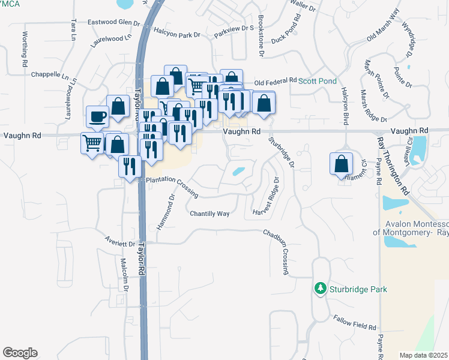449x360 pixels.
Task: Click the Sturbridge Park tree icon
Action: tap(321, 289)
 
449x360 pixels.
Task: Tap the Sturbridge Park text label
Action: tap(358, 289)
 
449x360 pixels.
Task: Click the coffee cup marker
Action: tap(97, 116)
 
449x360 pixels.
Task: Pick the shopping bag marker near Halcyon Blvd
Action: tap(341, 164)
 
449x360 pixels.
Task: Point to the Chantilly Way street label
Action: tap(210, 214)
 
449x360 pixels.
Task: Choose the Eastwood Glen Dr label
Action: tap(114, 23)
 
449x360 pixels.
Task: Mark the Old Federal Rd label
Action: tap(276, 80)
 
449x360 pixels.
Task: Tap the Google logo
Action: tap(20, 353)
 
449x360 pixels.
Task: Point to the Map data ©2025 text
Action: tap(423, 355)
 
